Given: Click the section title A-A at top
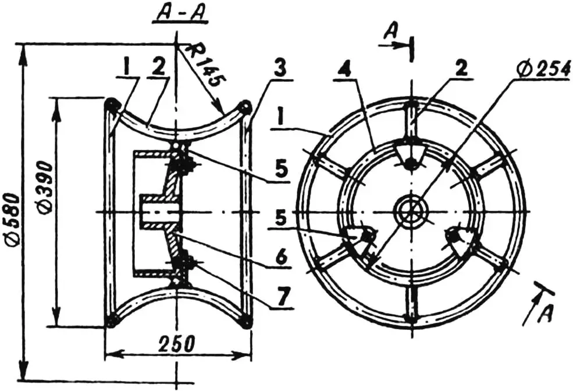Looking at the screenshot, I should click(175, 15).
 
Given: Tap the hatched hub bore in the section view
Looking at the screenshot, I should click(157, 212).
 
